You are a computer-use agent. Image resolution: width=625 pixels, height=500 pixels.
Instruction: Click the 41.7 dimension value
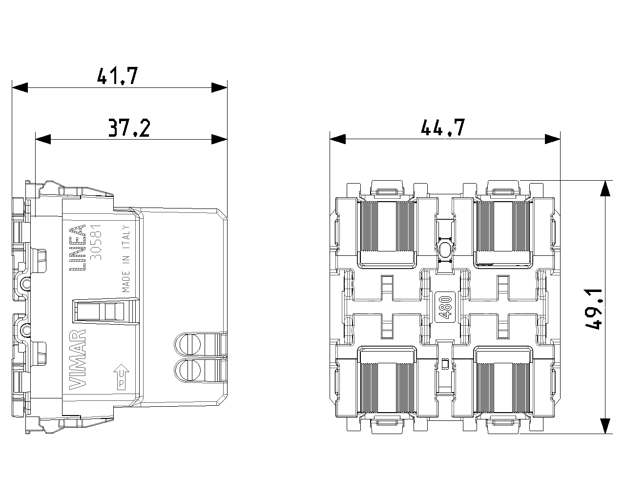(x=117, y=76)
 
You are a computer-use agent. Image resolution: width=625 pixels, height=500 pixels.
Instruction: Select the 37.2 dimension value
(x=129, y=128)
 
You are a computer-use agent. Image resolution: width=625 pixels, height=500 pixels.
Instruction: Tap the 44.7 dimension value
(x=443, y=127)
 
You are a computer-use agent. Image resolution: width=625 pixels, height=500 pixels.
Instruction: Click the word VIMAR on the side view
(x=78, y=359)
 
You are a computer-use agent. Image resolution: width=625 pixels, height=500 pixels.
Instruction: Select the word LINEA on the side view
(x=78, y=247)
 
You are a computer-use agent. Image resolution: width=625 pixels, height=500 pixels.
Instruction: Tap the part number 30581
(x=96, y=242)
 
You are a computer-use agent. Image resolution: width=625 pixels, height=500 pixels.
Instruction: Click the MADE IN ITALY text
(x=126, y=259)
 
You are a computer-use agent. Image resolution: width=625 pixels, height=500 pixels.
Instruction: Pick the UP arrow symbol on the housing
(x=122, y=377)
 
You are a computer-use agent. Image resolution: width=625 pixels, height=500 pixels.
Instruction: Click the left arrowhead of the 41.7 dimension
(x=20, y=87)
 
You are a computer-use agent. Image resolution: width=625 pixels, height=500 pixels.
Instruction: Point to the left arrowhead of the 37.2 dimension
(x=43, y=139)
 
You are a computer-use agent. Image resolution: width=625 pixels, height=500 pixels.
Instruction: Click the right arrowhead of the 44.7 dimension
(x=552, y=139)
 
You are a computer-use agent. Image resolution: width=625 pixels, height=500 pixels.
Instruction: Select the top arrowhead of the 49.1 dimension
(x=605, y=188)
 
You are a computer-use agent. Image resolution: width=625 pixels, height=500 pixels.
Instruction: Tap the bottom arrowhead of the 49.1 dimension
(x=605, y=426)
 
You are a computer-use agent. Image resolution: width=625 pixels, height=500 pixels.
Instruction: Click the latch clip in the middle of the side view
(x=105, y=310)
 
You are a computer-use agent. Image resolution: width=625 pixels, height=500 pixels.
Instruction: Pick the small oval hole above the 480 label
(x=445, y=250)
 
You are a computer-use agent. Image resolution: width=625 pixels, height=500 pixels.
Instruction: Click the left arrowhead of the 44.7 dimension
(x=338, y=139)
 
